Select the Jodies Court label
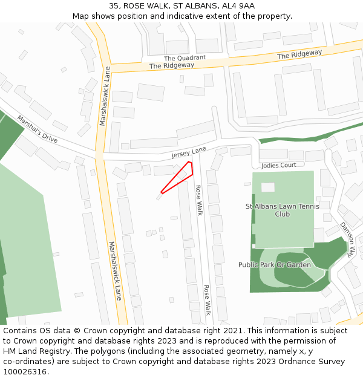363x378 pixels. pos(278,165)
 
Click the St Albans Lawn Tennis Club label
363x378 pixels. pos(283,210)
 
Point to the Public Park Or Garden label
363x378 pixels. pos(275,265)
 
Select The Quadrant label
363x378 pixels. pos(185,58)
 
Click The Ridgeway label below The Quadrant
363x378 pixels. pos(172,65)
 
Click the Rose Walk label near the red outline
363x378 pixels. pos(198,200)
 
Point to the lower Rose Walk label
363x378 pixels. pos(207,300)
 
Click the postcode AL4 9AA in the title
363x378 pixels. pos(238,6)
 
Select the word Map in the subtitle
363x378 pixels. pos(81,16)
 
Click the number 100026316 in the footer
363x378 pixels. pos(25,372)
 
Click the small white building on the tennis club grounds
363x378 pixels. pos(267,187)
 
